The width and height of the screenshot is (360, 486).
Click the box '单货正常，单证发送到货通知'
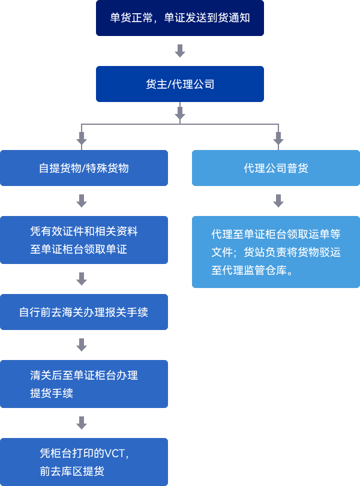click(x=179, y=18)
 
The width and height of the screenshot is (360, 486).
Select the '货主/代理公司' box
click(x=179, y=84)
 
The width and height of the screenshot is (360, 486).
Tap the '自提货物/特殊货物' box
click(x=84, y=168)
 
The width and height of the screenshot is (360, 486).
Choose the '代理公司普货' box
click(x=275, y=168)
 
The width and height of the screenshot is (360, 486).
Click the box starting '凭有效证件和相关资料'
click(x=84, y=240)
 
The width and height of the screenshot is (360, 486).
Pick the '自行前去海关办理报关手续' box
click(x=84, y=312)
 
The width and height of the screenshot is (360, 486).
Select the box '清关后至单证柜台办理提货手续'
click(x=84, y=384)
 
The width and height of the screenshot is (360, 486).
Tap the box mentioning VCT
click(x=84, y=462)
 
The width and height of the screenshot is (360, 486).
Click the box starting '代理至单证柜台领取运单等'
click(x=275, y=252)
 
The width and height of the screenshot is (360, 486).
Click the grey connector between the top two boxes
click(x=179, y=51)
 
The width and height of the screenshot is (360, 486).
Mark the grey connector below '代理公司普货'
click(x=278, y=201)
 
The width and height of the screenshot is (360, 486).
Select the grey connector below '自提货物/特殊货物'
click(x=82, y=201)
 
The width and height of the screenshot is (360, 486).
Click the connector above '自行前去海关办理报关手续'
click(x=82, y=279)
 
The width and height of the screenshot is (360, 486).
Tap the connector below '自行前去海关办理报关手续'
click(x=82, y=345)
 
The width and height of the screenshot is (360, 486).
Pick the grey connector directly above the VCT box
click(x=82, y=423)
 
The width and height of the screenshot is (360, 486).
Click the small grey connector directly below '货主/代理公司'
click(x=179, y=113)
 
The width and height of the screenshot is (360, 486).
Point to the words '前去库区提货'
click(x=72, y=472)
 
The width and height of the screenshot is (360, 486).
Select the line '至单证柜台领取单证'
click(x=79, y=250)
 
